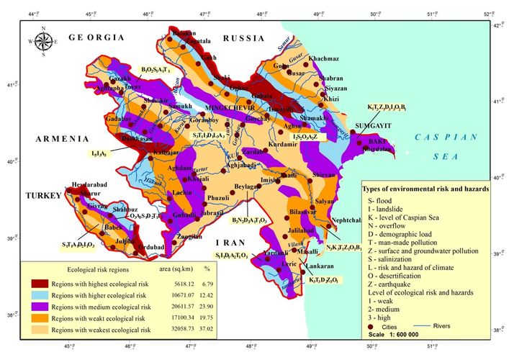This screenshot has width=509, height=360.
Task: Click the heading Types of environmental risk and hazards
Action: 425,188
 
